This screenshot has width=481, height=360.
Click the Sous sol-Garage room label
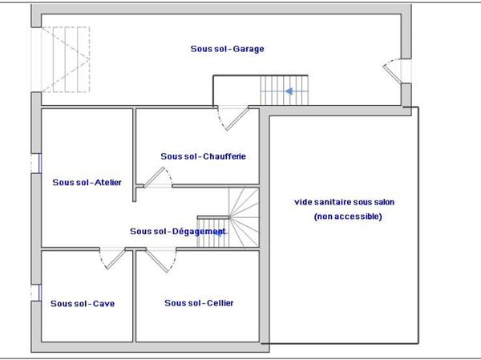tap(228, 49)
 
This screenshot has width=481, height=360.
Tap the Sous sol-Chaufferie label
tap(203, 156)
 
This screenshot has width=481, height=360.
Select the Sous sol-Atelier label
tap(87, 182)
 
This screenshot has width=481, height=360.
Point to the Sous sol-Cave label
tap(83, 304)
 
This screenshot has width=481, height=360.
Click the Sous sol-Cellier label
tap(199, 303)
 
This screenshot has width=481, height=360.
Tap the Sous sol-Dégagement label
tap(178, 231)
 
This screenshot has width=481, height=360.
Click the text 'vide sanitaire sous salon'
tap(344, 202)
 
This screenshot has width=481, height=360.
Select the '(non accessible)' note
tap(348, 216)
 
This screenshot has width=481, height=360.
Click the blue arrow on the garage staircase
tap(289, 91)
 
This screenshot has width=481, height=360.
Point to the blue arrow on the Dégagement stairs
tap(219, 233)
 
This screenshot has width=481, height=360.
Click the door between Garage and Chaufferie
tap(232, 118)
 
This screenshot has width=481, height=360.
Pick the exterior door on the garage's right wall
tap(393, 71)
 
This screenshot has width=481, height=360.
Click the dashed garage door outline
tap(66, 59)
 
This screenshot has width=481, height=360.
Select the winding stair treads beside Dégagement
tap(245, 217)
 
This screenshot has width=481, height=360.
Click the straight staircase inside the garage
tap(284, 91)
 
